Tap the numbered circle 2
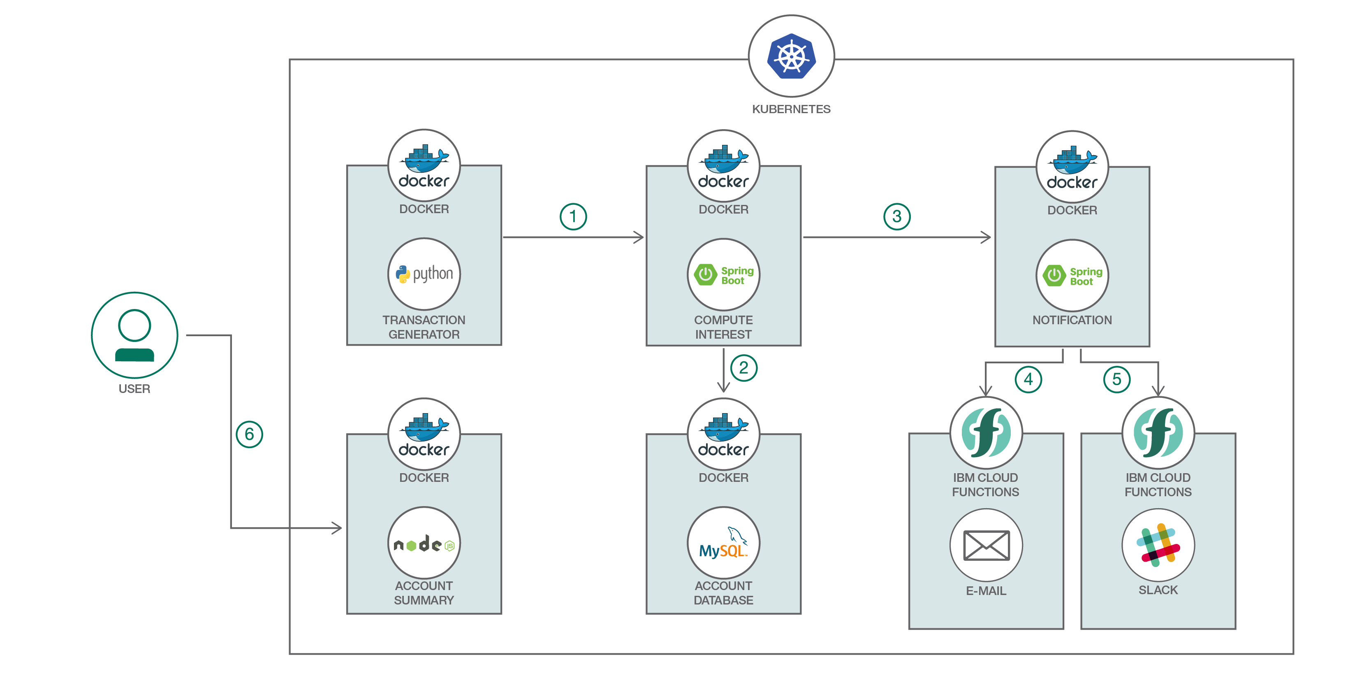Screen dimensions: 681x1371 pyautogui.click(x=743, y=368)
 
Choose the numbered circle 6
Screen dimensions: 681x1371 pyautogui.click(x=249, y=435)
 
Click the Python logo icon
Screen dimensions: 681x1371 pyautogui.click(x=424, y=274)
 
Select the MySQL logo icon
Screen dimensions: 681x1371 pyautogui.click(x=723, y=544)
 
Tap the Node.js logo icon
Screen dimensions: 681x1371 pyautogui.click(x=424, y=544)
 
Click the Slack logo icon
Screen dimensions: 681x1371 pyautogui.click(x=1158, y=545)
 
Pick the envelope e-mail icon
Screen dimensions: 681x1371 pyautogui.click(x=986, y=545)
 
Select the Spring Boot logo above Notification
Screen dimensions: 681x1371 pyautogui.click(x=1072, y=276)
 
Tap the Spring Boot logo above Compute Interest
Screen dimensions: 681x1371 pyautogui.click(x=723, y=275)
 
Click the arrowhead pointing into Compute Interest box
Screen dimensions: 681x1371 pyautogui.click(x=640, y=237)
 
